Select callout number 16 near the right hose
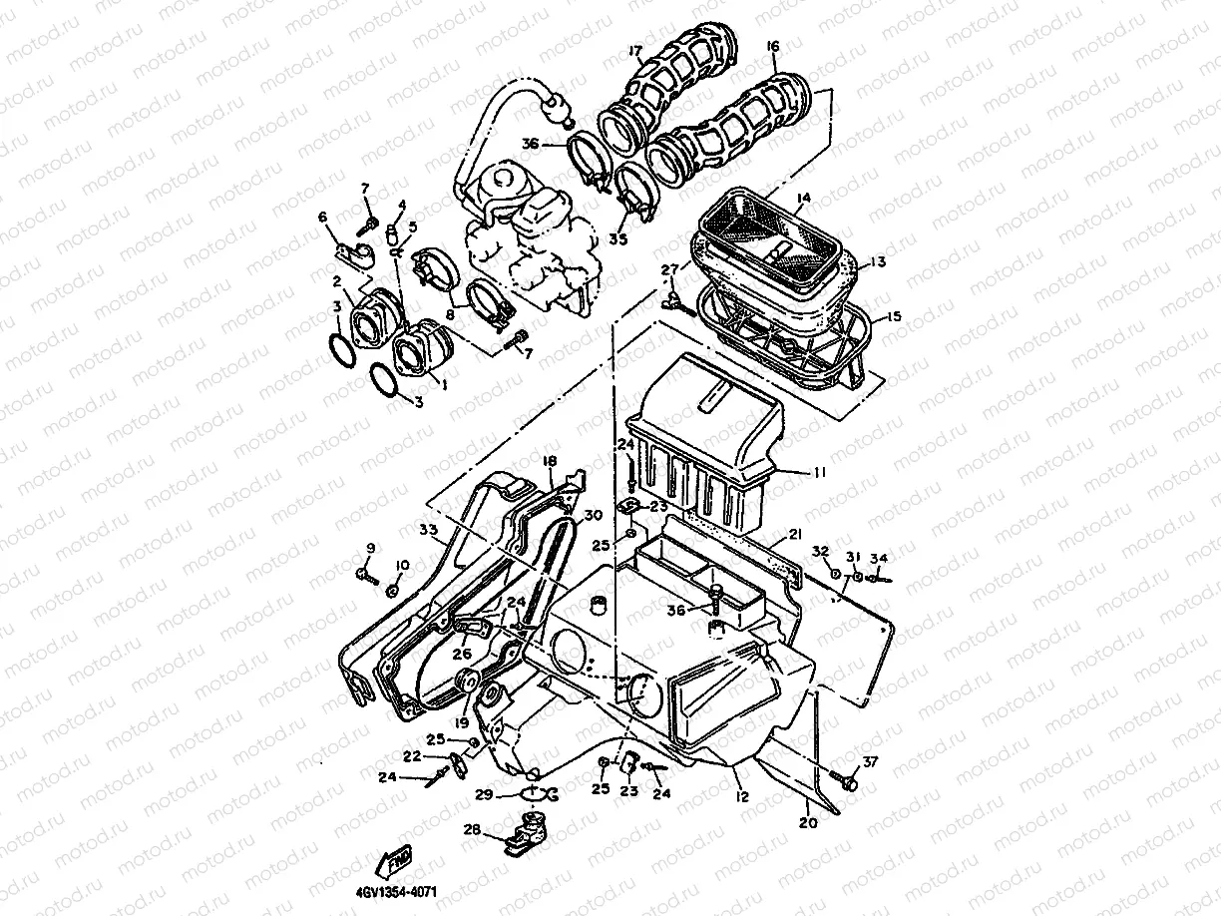773,47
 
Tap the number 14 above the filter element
802,200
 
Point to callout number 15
893,316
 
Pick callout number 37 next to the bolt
871,763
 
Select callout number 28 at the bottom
472,829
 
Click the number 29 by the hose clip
484,794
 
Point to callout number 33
428,529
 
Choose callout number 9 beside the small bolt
370,548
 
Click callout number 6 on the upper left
322,218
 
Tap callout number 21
794,535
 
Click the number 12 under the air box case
742,797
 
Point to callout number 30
594,515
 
